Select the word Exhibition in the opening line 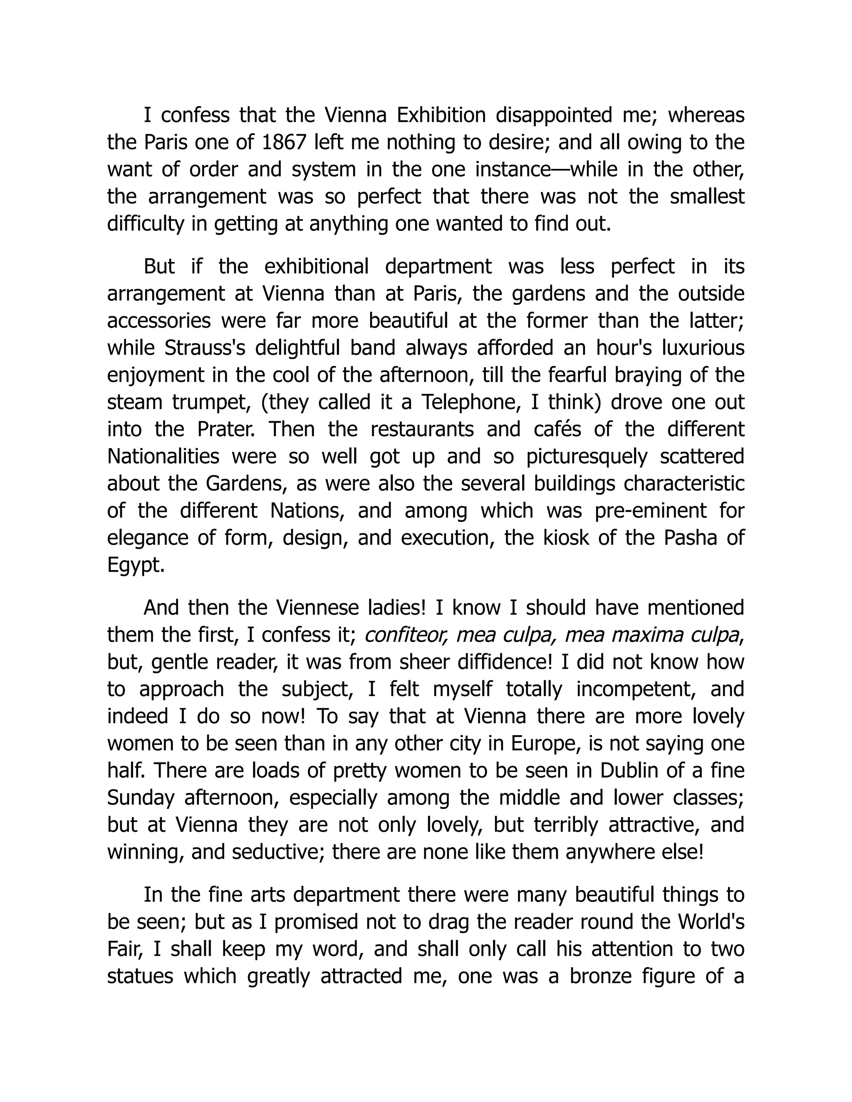pos(441,116)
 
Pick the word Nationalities pos(163,457)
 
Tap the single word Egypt pos(136,566)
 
